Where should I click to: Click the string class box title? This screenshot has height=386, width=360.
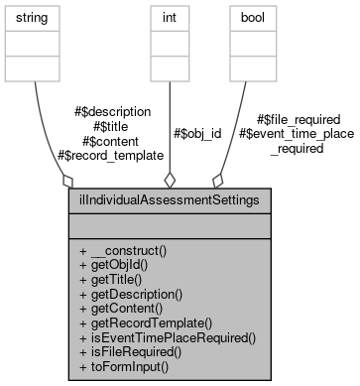tap(34, 17)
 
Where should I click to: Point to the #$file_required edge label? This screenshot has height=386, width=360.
tap(298, 119)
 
